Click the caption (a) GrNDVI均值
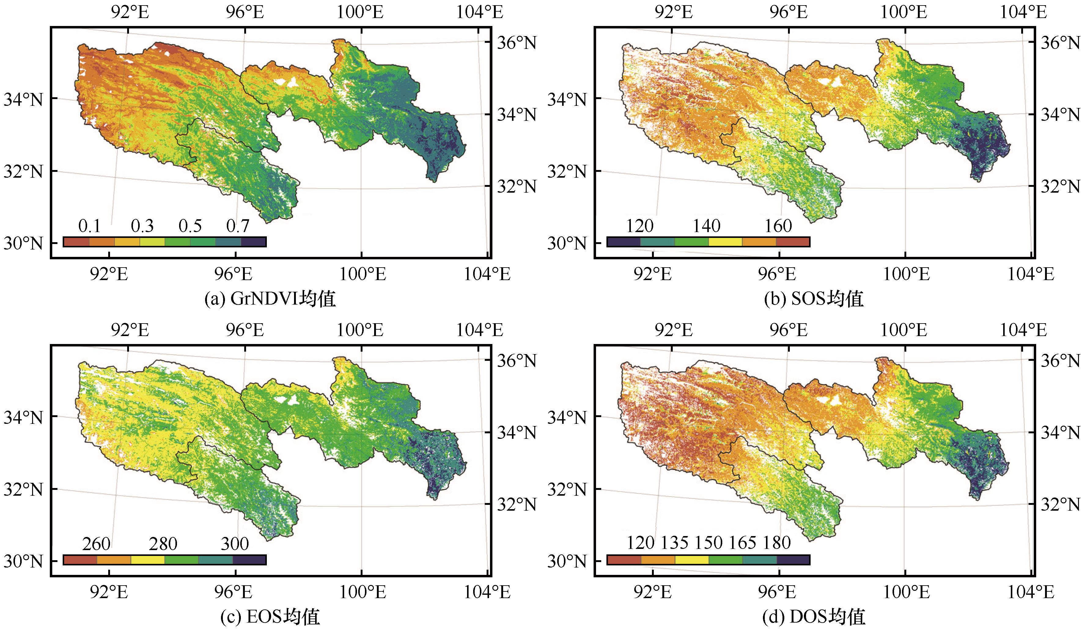tap(270, 299)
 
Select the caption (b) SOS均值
tap(814, 299)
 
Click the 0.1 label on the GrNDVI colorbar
tap(89, 226)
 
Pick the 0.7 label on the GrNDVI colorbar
tap(238, 226)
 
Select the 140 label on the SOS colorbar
tap(707, 226)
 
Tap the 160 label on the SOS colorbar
tap(778, 226)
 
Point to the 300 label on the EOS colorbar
tap(235, 544)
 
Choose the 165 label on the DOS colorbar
tap(742, 543)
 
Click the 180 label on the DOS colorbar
tap(777, 543)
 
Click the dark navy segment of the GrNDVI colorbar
tap(253, 242)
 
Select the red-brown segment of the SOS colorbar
tap(793, 242)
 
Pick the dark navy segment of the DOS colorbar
tap(793, 560)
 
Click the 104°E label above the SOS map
tap(1023, 12)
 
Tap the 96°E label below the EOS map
tap(234, 592)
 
